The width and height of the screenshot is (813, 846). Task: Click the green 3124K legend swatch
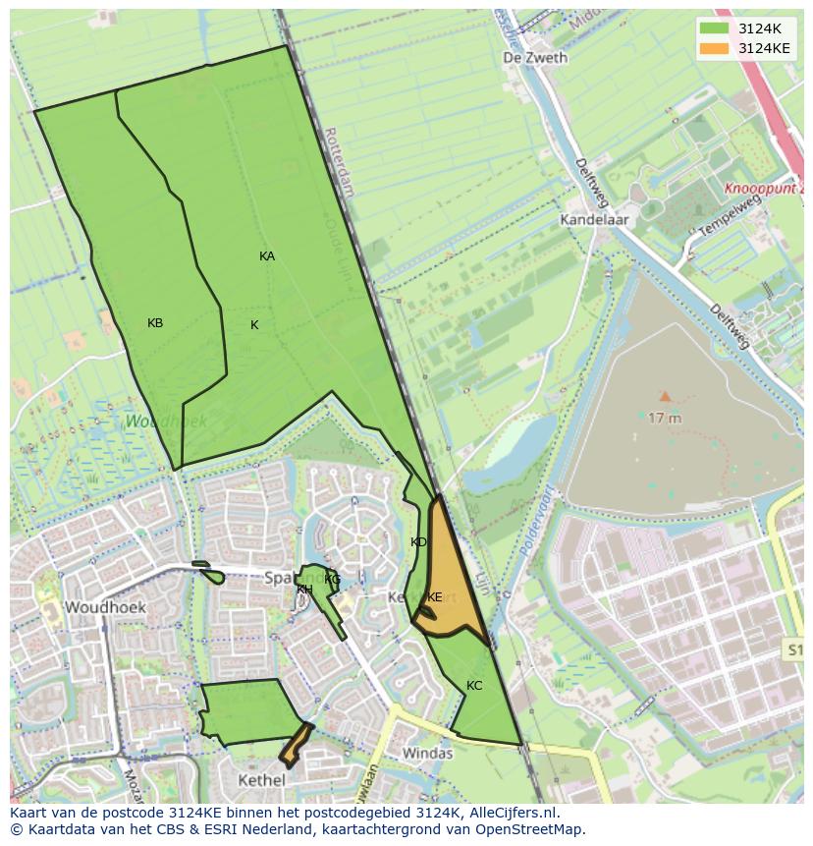[714, 28]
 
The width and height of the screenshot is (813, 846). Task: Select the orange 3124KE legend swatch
[714, 48]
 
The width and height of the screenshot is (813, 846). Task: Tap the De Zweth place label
[534, 58]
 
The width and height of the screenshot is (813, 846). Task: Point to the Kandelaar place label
[594, 220]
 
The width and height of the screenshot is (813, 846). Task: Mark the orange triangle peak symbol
[665, 396]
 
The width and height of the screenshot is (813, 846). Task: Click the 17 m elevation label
[665, 417]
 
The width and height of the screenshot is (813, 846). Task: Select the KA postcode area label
[267, 256]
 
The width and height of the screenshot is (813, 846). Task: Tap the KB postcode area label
[155, 323]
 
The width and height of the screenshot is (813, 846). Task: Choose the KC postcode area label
[474, 686]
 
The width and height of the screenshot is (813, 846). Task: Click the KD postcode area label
[418, 542]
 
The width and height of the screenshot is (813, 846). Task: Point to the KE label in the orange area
[434, 597]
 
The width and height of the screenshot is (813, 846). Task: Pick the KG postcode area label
[333, 580]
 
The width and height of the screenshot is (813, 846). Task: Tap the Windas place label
[428, 754]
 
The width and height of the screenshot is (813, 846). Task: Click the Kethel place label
[261, 780]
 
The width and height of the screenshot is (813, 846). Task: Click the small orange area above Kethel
[296, 745]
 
